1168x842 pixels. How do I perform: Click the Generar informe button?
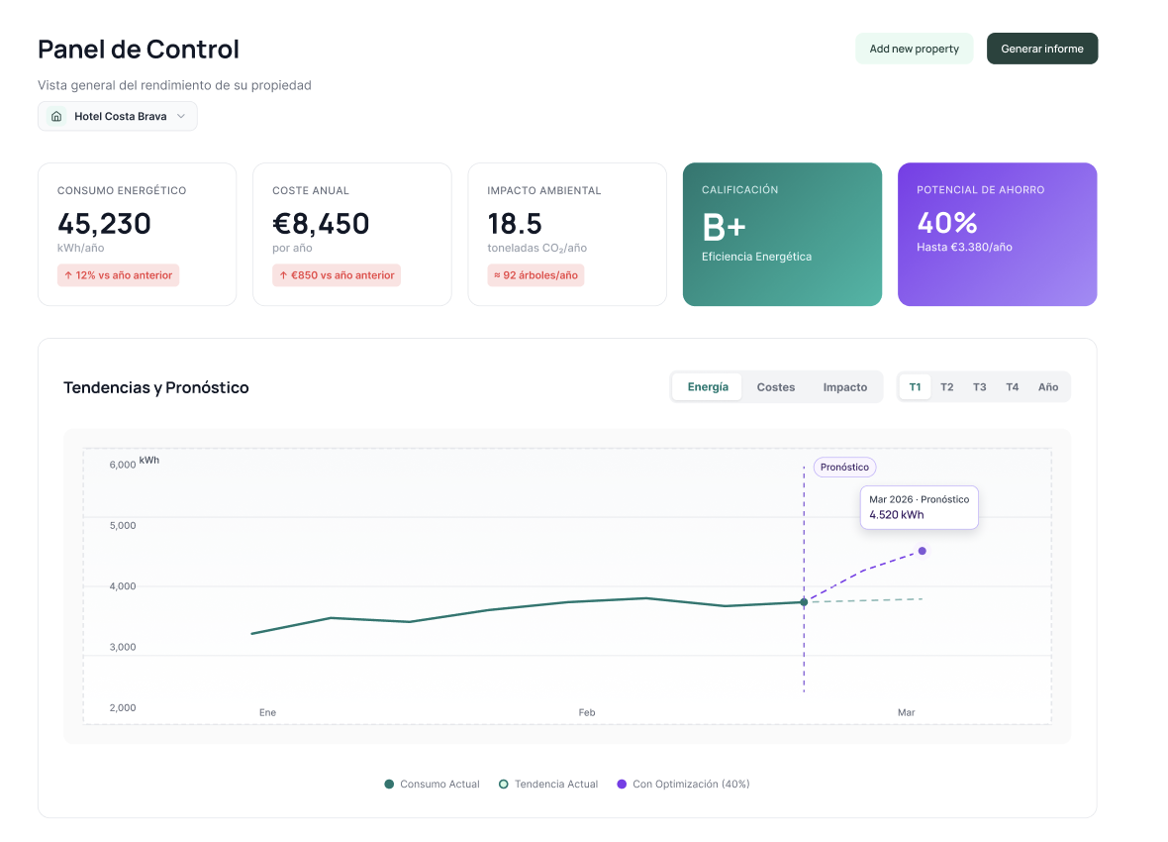1041,49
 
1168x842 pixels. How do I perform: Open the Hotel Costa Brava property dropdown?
118,116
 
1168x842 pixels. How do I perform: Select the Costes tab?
775,387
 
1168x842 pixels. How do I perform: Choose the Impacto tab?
844,387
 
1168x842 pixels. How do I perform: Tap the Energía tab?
708,387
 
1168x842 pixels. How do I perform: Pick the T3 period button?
979,387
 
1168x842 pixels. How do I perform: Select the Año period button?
1047,387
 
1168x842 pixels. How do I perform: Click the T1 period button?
915,387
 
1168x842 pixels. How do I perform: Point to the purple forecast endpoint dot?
923,551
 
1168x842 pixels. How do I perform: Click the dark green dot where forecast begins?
804,602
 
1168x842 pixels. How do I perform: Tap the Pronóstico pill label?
844,467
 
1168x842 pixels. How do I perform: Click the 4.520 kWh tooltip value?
896,514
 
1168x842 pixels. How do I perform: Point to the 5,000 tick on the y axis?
123,525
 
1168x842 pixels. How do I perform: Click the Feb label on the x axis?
587,712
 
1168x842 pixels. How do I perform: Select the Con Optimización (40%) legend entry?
683,784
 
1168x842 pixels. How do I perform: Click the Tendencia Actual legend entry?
548,784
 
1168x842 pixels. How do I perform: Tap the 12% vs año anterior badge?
119,275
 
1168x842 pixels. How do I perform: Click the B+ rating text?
724,228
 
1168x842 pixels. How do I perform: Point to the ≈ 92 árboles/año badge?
535,275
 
